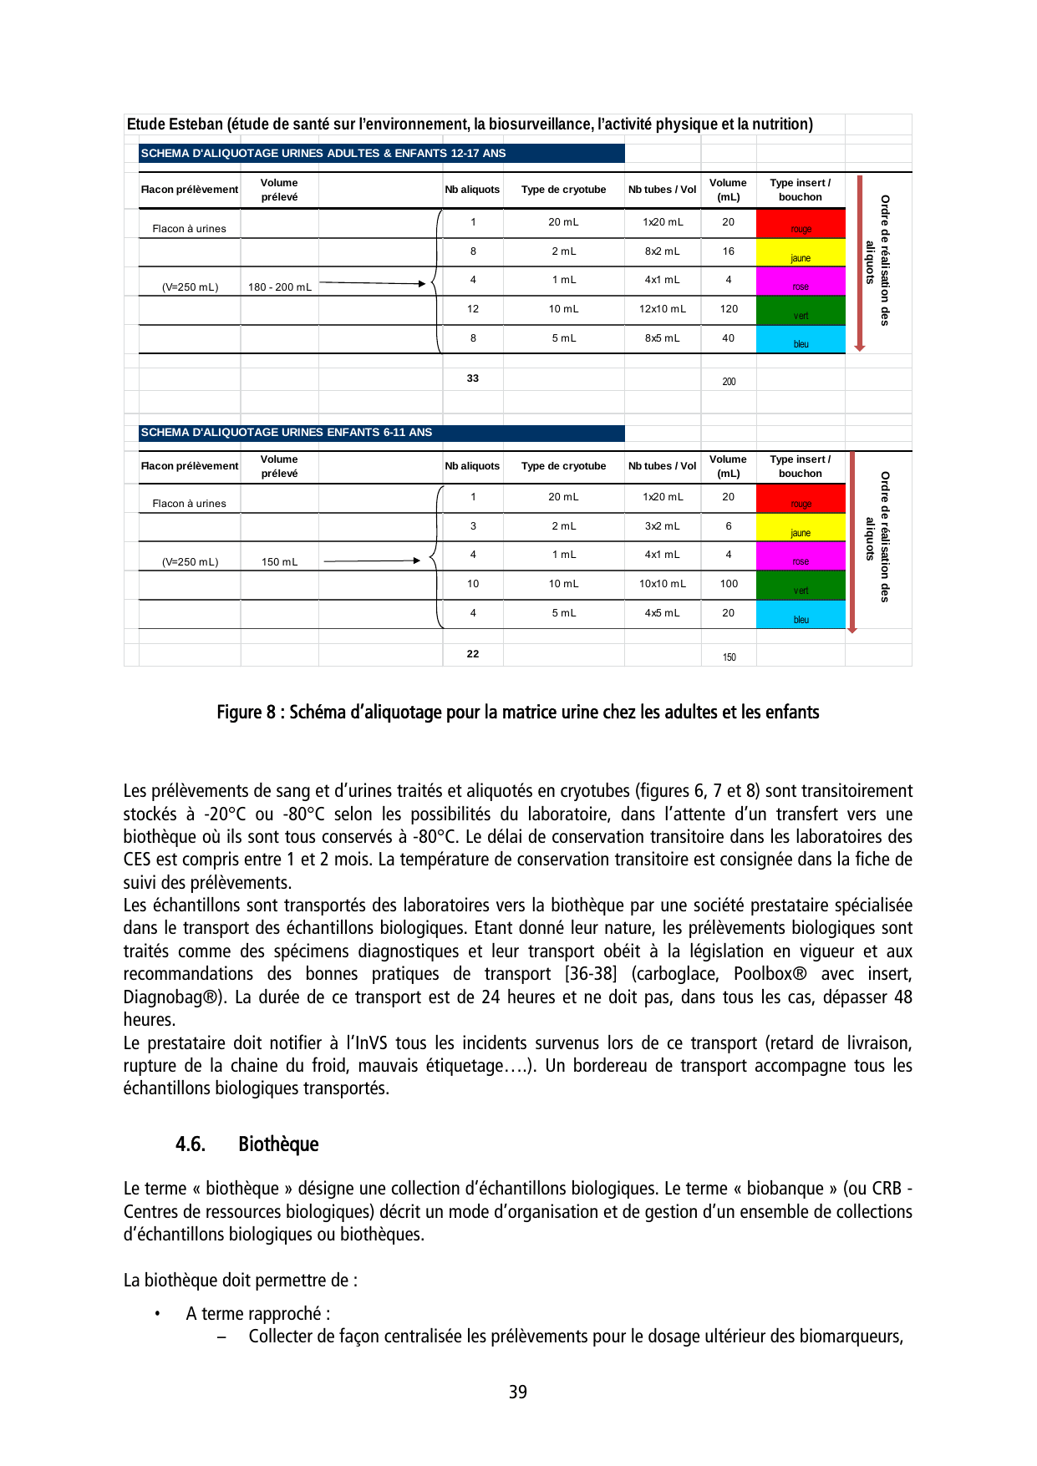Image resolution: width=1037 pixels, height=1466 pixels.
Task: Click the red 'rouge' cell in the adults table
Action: [801, 224]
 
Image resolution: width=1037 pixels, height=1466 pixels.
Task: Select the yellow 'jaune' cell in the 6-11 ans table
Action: [801, 528]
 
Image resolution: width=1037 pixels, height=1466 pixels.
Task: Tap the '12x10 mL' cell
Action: [662, 309]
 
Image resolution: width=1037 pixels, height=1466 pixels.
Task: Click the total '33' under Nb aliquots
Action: [473, 378]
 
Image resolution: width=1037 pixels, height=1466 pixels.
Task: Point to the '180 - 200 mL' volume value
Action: [280, 287]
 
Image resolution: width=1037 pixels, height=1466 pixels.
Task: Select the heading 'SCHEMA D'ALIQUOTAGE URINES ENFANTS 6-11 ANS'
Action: [287, 433]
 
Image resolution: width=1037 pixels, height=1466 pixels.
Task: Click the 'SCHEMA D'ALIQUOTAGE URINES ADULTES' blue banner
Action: [323, 154]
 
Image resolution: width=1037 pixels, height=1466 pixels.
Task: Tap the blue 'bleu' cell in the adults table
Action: [801, 339]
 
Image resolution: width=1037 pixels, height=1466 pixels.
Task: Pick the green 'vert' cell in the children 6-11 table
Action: [801, 586]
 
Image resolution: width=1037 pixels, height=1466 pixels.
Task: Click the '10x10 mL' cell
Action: [662, 584]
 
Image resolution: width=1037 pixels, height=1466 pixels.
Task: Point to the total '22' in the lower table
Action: [473, 654]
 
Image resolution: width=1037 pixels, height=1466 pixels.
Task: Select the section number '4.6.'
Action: [191, 1144]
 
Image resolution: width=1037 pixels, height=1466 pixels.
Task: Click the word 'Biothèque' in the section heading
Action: [278, 1144]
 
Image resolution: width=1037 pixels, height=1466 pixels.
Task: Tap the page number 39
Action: [518, 1392]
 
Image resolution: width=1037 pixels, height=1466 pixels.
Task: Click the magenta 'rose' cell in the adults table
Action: [801, 282]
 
